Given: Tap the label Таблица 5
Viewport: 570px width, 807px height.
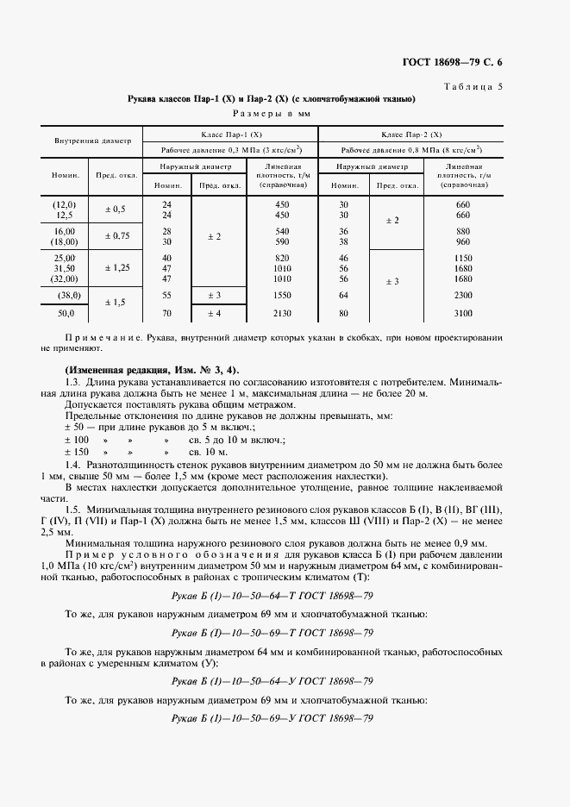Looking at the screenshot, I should coord(478,86).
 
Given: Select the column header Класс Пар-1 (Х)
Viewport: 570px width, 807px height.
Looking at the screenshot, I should coord(231,134).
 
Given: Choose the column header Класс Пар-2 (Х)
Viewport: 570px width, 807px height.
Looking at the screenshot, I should coord(411,134).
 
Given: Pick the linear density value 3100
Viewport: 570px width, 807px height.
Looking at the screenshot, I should coord(462,313).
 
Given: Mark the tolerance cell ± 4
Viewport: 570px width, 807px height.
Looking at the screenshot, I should coord(213,313).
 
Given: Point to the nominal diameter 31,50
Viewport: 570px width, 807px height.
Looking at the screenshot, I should coord(65,268).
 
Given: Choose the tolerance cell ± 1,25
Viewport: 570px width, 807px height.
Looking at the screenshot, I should coord(115,268).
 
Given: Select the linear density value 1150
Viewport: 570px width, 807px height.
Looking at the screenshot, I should coord(462,258).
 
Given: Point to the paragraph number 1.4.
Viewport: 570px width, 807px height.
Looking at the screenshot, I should coord(73,464).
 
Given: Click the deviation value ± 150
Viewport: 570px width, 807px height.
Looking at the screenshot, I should coord(77,451).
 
